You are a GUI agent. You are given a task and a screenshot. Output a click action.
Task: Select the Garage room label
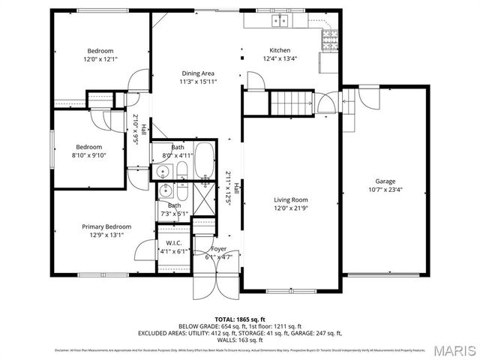(385, 181)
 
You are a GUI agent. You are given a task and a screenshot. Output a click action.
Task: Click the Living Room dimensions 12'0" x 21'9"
(290, 208)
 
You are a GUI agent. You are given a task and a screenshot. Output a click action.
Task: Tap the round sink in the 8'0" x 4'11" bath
(163, 172)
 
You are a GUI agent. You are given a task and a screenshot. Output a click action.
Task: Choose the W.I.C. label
(169, 243)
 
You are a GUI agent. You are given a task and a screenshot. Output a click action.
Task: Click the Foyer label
(218, 249)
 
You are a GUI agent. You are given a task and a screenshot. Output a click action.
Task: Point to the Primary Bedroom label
(106, 226)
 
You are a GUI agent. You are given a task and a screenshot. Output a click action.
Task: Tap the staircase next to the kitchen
(290, 100)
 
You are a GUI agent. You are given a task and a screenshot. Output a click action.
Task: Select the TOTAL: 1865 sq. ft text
(239, 319)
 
